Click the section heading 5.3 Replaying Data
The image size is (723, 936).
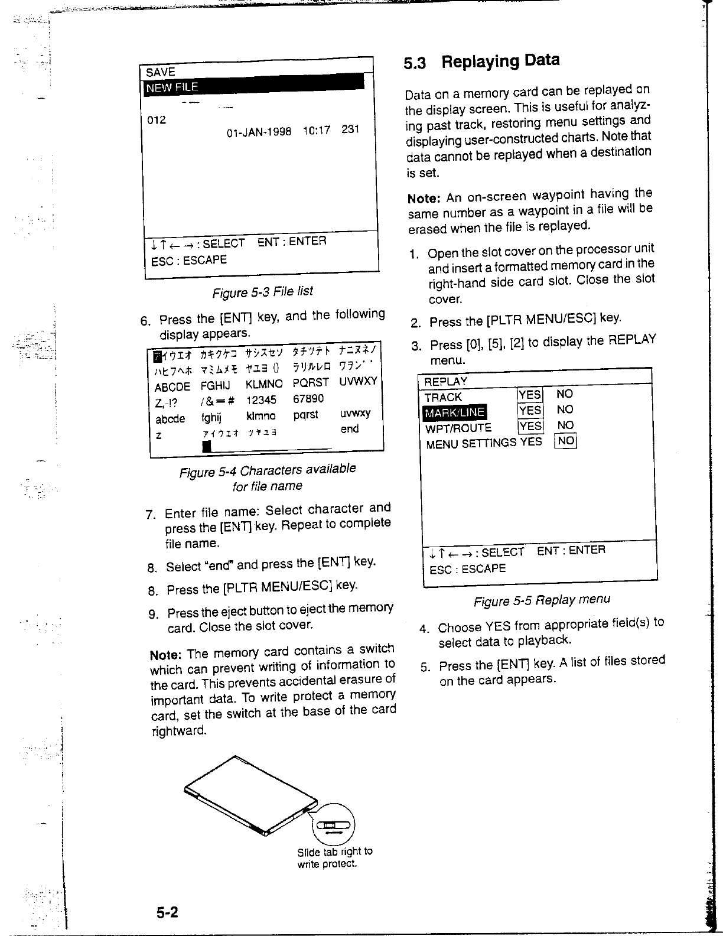tap(481, 61)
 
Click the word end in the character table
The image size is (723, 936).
tap(350, 428)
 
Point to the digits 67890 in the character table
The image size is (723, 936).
tap(308, 399)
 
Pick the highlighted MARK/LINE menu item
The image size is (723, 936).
tap(454, 412)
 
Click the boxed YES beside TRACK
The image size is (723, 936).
tap(529, 395)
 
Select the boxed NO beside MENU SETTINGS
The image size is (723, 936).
tap(565, 441)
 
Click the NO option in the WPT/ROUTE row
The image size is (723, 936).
tap(565, 425)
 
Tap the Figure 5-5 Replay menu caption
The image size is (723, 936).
tap(542, 600)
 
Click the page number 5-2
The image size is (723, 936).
tap(168, 913)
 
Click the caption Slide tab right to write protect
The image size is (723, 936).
tap(334, 857)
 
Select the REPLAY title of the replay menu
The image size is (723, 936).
tap(446, 381)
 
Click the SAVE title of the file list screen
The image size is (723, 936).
tap(161, 73)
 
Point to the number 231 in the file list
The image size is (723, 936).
tap(350, 129)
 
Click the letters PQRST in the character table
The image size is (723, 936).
tap(311, 383)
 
